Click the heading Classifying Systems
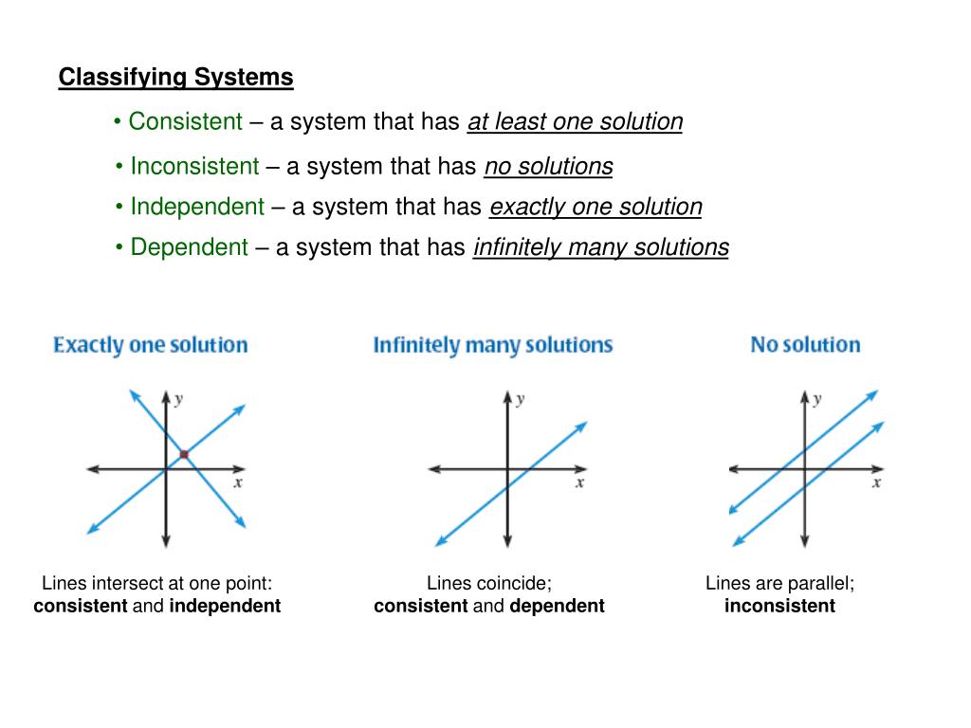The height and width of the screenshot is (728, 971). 175,78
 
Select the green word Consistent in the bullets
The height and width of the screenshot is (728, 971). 186,121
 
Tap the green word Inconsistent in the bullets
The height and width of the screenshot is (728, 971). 194,167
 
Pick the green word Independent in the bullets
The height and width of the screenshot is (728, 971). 197,207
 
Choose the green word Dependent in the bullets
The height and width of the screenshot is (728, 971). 189,247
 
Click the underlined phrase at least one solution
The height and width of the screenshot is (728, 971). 575,122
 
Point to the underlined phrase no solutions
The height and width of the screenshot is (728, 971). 548,167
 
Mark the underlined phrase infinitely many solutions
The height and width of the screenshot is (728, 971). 600,247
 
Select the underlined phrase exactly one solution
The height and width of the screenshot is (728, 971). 595,207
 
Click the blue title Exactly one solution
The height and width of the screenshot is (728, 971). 150,345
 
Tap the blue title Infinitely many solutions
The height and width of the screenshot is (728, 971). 492,345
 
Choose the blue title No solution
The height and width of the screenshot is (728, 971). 805,345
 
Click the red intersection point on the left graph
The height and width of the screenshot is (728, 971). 184,455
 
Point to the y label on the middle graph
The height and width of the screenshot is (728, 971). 520,399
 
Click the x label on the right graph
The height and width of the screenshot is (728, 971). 876,482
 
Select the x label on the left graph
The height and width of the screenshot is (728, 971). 237,482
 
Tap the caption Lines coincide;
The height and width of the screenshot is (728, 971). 488,584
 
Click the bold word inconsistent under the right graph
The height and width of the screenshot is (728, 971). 779,606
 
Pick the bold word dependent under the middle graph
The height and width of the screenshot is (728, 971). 557,606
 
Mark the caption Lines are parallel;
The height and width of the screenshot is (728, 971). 779,584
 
